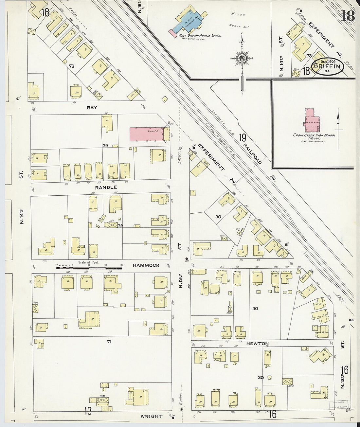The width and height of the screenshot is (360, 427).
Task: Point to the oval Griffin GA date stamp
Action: [x=327, y=66]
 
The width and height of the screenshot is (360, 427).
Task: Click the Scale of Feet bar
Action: [x=88, y=268]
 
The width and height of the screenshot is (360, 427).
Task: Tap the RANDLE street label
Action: [x=106, y=187]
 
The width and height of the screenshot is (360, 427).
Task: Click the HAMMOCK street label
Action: [x=146, y=265]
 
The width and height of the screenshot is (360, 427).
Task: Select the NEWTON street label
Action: [x=258, y=344]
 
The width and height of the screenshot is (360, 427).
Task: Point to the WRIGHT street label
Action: [x=152, y=417]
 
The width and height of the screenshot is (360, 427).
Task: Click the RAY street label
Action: [x=92, y=107]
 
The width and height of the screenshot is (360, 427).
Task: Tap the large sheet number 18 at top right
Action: [x=348, y=15]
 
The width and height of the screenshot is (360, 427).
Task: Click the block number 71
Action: [x=109, y=342]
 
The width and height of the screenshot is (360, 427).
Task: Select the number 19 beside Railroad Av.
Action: [x=242, y=138]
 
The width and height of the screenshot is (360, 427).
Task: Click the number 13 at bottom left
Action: [x=88, y=411]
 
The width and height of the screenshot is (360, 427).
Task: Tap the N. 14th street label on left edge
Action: [x=22, y=216]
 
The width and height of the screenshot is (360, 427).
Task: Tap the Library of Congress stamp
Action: [x=338, y=404]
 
